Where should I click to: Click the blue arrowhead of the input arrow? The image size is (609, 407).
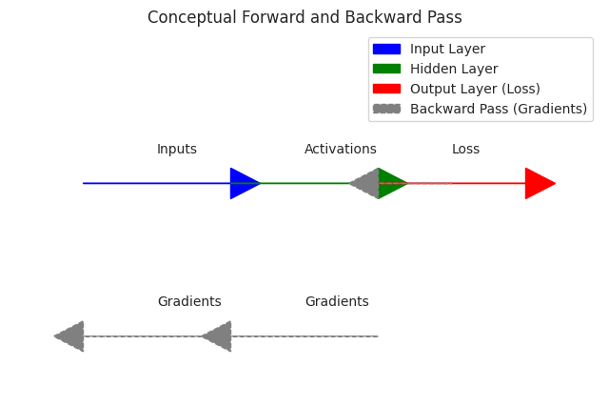[x=243, y=183]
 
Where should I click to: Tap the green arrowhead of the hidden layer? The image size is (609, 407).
[x=390, y=183]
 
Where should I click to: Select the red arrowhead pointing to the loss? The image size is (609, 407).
[x=538, y=183]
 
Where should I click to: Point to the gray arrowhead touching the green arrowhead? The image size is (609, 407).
[x=366, y=183]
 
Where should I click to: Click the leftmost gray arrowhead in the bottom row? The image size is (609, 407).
[x=71, y=336]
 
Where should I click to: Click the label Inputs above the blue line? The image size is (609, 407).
[x=177, y=150]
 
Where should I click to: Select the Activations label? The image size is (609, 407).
[x=341, y=150]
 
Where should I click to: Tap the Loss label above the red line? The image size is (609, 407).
[x=465, y=150]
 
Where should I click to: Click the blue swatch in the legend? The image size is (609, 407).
[x=386, y=50]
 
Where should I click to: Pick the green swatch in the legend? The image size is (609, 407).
[x=386, y=70]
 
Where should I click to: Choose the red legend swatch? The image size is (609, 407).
[x=386, y=90]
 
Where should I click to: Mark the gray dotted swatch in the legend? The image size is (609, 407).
[x=386, y=110]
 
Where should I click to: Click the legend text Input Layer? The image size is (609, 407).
[x=447, y=50]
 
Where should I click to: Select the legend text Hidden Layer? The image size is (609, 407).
[x=454, y=70]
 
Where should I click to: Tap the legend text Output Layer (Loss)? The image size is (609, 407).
[x=475, y=90]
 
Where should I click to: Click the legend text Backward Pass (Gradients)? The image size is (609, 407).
[x=499, y=110]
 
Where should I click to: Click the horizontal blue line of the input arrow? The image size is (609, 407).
[x=152, y=183]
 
